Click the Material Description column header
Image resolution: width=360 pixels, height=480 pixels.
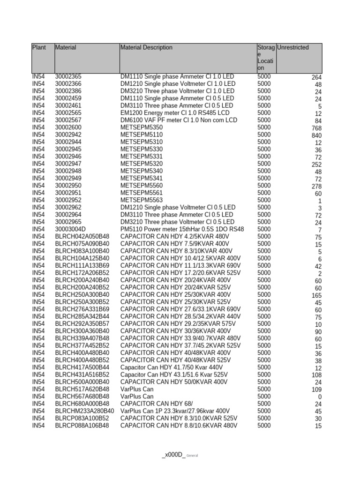tap(146, 47)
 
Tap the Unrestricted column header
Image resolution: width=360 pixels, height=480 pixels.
tap(293, 47)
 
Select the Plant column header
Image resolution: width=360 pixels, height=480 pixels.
tap(39, 47)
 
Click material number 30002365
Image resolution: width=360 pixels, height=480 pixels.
tap(68, 76)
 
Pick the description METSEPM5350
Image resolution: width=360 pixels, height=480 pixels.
tap(142, 127)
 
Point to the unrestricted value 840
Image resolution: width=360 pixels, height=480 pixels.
tap(316, 135)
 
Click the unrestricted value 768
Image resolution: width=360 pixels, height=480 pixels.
tap(316, 128)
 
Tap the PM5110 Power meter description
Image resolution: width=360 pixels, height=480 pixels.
tap(182, 229)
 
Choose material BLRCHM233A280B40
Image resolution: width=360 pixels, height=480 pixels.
tap(84, 411)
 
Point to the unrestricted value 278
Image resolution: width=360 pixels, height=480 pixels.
tap(316, 187)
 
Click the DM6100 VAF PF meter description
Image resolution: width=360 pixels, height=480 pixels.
tap(179, 120)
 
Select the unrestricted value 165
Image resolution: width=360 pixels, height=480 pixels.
tap(316, 296)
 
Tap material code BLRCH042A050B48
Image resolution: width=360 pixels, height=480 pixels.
tap(82, 236)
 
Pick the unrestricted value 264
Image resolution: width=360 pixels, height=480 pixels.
tap(316, 77)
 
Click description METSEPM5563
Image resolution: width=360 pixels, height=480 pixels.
tap(142, 200)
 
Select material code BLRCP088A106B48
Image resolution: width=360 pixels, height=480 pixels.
tap(82, 426)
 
